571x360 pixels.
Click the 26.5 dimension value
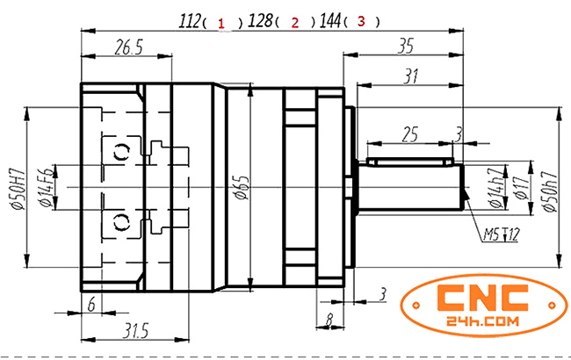128,48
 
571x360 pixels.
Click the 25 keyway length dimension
409,133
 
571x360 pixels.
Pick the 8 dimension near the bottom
329,320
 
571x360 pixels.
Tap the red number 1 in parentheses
223,23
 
